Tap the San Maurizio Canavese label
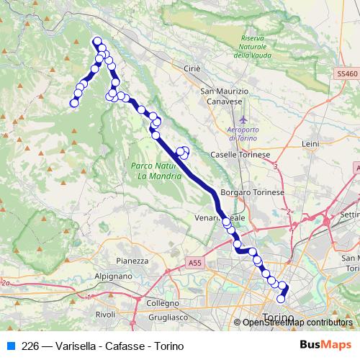coord(224,96)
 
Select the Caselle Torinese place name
coord(239,155)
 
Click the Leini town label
coord(310,144)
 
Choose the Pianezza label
coord(131,261)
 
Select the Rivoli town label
coord(105,314)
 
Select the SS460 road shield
coord(346,74)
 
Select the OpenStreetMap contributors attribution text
coord(297,323)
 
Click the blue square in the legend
coord(10,346)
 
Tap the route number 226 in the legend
coord(30,346)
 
